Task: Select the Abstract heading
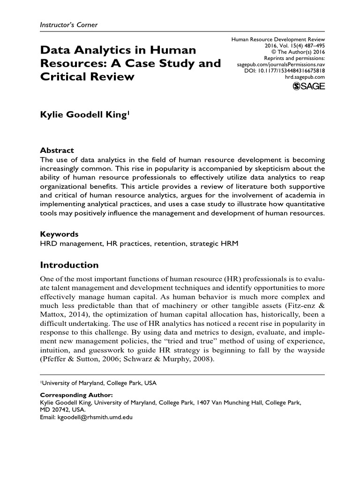[x=57, y=150]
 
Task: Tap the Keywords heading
[x=60, y=234]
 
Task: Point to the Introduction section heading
[x=69, y=265]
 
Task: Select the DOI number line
[x=285, y=70]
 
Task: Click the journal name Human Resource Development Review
[x=278, y=40]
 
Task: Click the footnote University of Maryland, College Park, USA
[x=99, y=383]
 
